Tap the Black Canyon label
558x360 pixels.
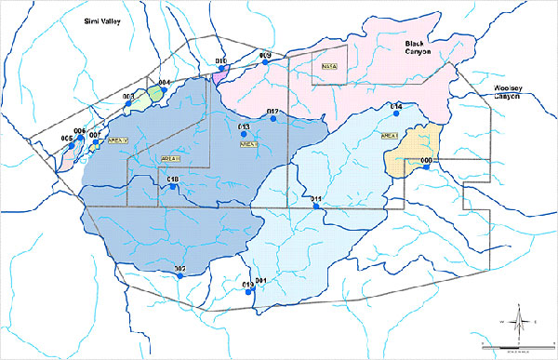pos(419,47)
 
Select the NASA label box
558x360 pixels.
pos(328,66)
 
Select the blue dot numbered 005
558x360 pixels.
pos(75,147)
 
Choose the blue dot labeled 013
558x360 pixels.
pos(245,134)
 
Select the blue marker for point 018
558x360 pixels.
pos(172,189)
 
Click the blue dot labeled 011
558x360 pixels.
pos(318,207)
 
